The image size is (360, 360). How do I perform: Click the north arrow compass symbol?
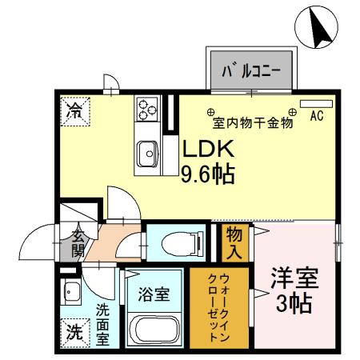click(x=318, y=26)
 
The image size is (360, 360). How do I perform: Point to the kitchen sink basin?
click(x=147, y=152)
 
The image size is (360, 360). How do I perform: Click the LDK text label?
click(x=209, y=150)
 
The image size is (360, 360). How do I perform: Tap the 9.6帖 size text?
click(x=208, y=174)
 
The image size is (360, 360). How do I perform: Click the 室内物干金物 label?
click(x=253, y=123)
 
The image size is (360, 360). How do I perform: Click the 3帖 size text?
click(x=297, y=306)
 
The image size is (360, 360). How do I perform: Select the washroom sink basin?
click(x=71, y=290)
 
